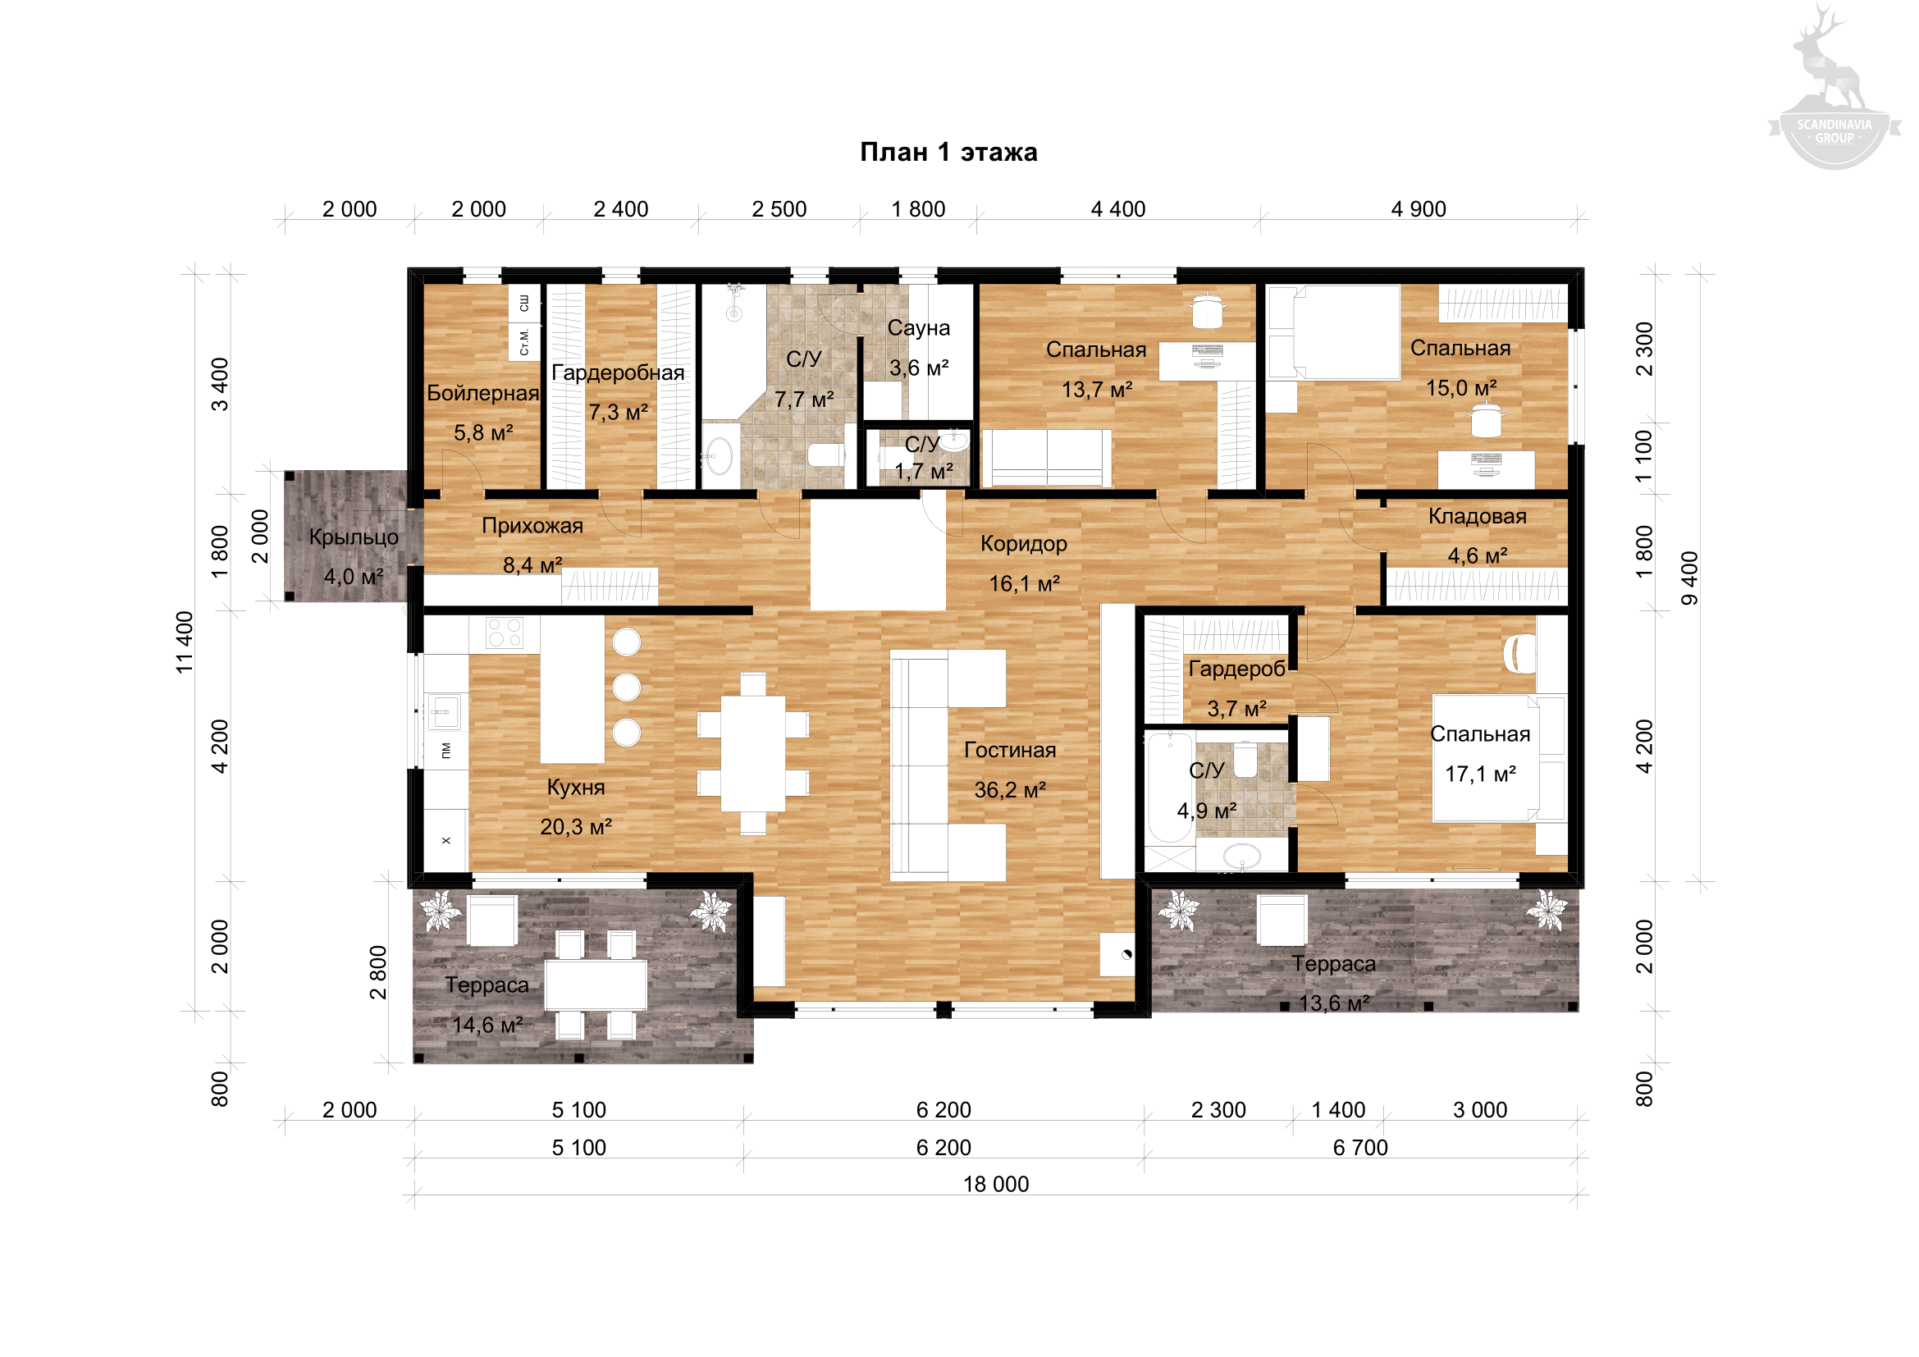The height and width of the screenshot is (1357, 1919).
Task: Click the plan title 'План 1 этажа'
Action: [x=948, y=152]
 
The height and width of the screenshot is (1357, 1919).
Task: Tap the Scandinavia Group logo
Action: [x=1834, y=88]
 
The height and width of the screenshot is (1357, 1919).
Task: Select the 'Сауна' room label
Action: [x=919, y=327]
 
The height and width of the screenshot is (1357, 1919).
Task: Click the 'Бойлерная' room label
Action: [x=483, y=393]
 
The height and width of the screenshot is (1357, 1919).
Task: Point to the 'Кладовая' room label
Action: [x=1477, y=516]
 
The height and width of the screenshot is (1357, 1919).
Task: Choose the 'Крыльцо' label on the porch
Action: [x=354, y=537]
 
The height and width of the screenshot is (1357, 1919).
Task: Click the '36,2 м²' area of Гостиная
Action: [x=1010, y=789]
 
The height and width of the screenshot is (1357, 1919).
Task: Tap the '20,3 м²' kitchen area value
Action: [x=576, y=826]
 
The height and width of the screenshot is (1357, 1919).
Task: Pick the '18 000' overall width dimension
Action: [x=996, y=1184]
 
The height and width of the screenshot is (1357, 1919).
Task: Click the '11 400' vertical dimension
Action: [x=185, y=642]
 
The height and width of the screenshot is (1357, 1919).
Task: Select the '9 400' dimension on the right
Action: [x=1689, y=578]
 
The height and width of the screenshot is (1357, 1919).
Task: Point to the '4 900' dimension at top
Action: [x=1419, y=209]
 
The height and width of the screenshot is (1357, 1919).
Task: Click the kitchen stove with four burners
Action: [x=504, y=633]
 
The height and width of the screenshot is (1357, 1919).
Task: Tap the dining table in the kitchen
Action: [x=753, y=754]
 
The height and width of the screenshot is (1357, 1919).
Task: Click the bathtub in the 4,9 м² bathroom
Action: [x=1169, y=788]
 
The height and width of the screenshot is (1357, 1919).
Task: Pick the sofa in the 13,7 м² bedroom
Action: [x=1046, y=458]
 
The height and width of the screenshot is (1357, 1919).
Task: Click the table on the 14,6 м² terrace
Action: [x=596, y=985]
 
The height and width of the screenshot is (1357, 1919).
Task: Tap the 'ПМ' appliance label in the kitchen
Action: [x=446, y=751]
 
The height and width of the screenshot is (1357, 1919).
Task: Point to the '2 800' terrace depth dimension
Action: [x=378, y=971]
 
